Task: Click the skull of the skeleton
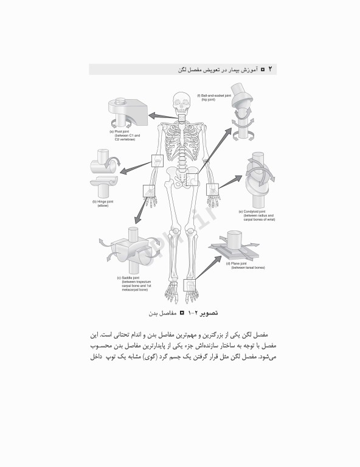pos(181,101)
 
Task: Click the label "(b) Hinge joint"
pos(100,201)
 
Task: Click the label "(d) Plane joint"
pos(242,263)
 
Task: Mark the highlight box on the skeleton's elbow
pos(157,160)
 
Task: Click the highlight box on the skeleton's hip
pos(192,180)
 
